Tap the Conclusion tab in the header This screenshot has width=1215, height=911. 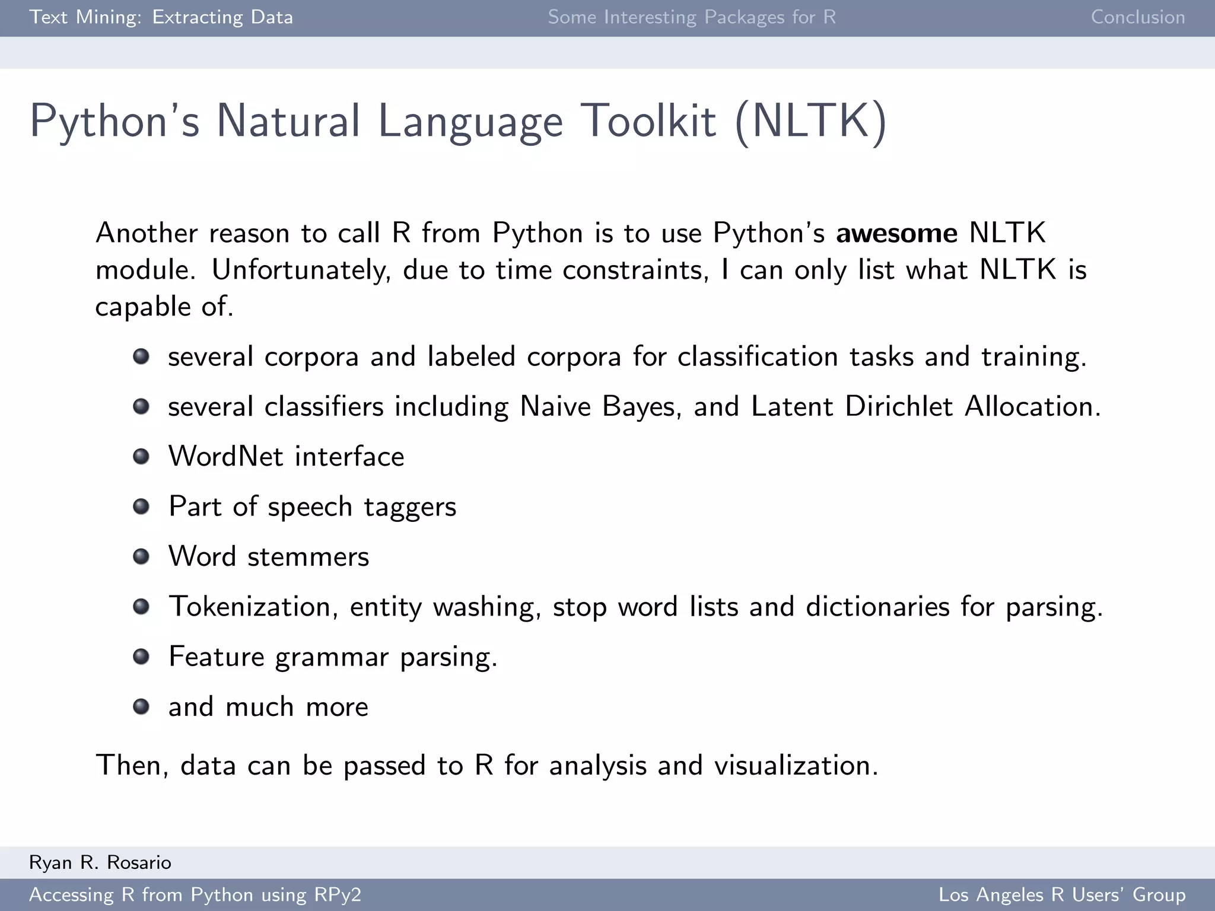coord(1137,17)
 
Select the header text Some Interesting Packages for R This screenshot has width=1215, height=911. coord(692,17)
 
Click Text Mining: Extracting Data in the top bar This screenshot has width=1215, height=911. coord(161,17)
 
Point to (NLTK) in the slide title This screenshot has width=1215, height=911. coord(810,122)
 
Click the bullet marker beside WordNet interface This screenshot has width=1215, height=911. coord(141,457)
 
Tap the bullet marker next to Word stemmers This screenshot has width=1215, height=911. coord(141,556)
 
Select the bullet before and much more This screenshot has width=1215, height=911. coord(141,706)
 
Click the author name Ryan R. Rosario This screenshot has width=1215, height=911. coord(100,862)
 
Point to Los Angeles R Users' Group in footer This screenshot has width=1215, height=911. coord(1061,894)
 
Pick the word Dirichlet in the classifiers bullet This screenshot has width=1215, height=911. coord(899,407)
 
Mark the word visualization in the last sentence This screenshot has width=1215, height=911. coord(795,766)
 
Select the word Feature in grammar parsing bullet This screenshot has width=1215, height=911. coord(216,657)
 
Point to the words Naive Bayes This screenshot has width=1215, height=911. coord(600,407)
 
